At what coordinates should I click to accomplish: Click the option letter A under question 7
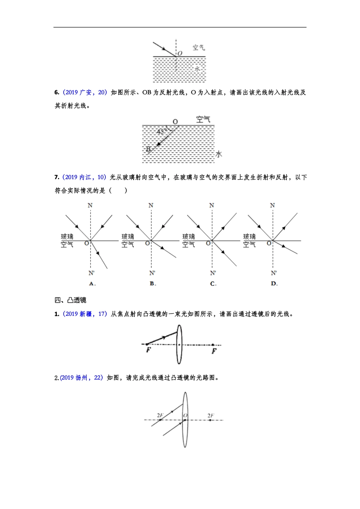[x=92, y=284]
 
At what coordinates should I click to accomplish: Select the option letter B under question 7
[x=152, y=284]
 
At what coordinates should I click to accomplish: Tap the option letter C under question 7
[x=213, y=284]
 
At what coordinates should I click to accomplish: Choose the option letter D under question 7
[x=274, y=284]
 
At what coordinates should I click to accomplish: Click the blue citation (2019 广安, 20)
[x=85, y=92]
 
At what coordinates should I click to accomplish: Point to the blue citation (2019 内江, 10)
[x=84, y=177]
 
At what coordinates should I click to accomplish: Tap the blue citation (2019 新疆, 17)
[x=84, y=314]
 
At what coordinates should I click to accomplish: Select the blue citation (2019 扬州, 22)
[x=81, y=378]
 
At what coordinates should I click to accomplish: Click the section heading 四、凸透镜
[x=70, y=300]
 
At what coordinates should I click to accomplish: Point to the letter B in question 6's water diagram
[x=148, y=149]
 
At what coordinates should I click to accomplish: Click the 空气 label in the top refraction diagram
[x=199, y=47]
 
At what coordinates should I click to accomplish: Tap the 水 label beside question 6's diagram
[x=219, y=154]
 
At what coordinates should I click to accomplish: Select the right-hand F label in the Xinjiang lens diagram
[x=214, y=351]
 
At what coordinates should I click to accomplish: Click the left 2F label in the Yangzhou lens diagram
[x=160, y=415]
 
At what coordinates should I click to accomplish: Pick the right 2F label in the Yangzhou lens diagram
[x=211, y=415]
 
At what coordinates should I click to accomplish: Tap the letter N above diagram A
[x=90, y=206]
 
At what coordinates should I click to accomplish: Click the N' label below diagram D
[x=274, y=273]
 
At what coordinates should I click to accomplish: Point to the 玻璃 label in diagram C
[x=189, y=237]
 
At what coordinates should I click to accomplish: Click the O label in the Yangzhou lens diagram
[x=185, y=415]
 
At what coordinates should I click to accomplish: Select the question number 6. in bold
[x=57, y=92]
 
